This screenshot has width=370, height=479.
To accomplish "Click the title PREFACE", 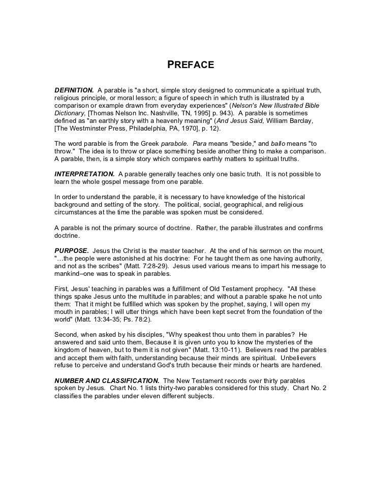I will click(190, 66).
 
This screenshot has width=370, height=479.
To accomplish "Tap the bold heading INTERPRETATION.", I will click(84, 174).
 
